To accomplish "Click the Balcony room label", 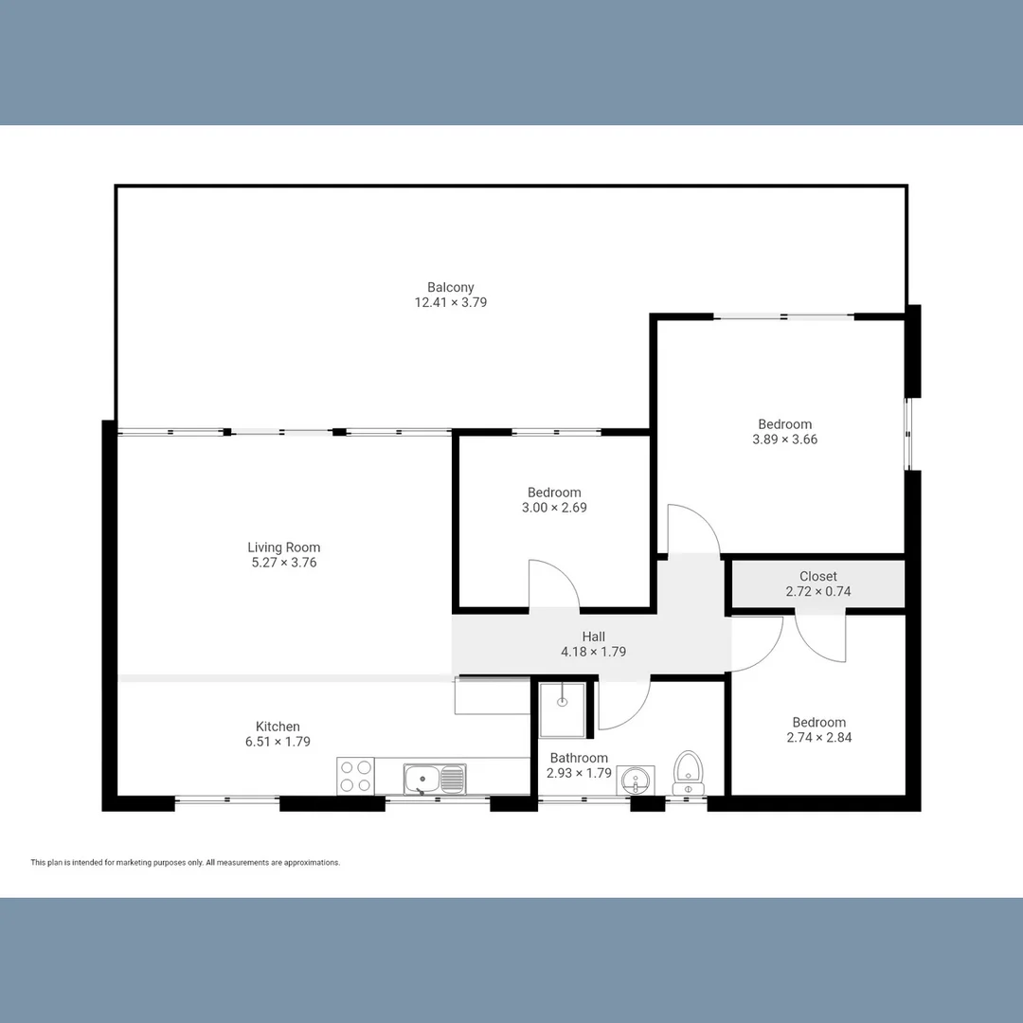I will [450, 287].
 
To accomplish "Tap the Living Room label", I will [283, 547].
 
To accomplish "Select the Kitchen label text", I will [278, 727].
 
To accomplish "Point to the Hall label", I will [593, 637].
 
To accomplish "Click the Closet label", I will [817, 576].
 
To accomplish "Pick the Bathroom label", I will [579, 758].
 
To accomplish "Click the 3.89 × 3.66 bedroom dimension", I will [784, 440].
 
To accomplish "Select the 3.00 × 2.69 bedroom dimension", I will [554, 508].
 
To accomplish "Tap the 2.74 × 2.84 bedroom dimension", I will [818, 737].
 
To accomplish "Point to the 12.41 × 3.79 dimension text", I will [450, 303].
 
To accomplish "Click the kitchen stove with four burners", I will [355, 777].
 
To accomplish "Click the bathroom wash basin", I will [636, 781].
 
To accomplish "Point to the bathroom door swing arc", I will [623, 706].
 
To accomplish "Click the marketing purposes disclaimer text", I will [185, 863].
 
